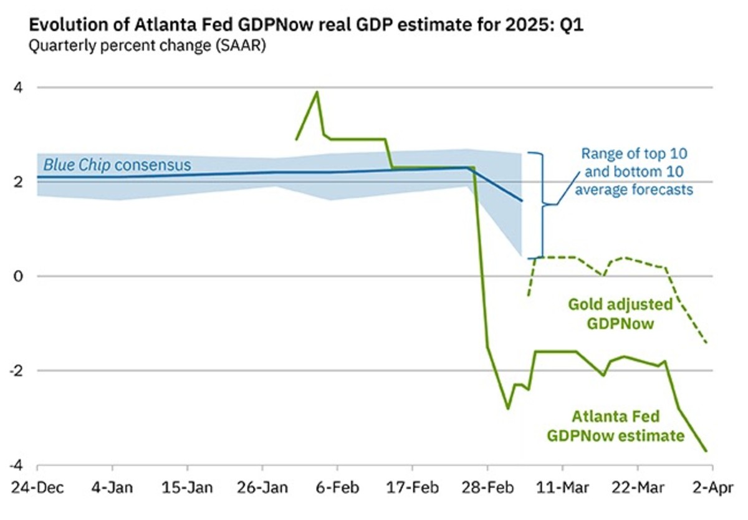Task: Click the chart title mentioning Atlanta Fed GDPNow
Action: pyautogui.click(x=306, y=26)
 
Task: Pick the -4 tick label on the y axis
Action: pyautogui.click(x=20, y=465)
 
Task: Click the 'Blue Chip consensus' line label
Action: pyautogui.click(x=117, y=165)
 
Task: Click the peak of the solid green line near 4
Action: pyautogui.click(x=317, y=92)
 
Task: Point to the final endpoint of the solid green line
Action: pyautogui.click(x=706, y=451)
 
